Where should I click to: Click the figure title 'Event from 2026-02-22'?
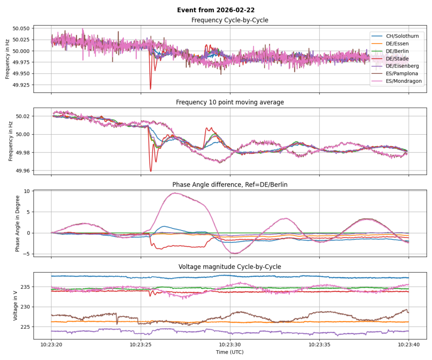(x=216, y=10)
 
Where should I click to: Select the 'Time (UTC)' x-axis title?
(x=230, y=352)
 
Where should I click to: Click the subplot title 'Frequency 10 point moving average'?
(x=230, y=102)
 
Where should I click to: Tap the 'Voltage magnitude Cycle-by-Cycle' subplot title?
(x=230, y=267)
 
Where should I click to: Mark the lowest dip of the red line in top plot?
(x=150, y=89)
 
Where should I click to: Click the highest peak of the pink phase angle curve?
(x=175, y=193)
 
